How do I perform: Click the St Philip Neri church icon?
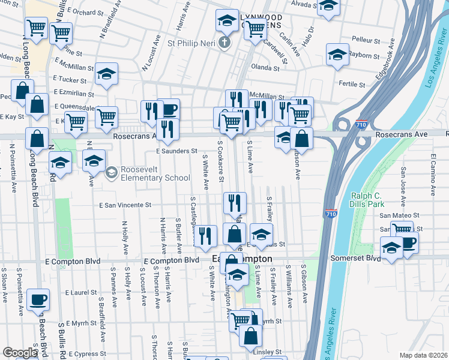224,43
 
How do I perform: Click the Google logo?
20,353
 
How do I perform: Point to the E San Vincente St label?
125,205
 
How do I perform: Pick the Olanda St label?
265,68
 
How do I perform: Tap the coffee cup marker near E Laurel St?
38,299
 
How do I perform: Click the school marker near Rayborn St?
337,55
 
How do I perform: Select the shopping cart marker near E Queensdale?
106,117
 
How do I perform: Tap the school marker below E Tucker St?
106,74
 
